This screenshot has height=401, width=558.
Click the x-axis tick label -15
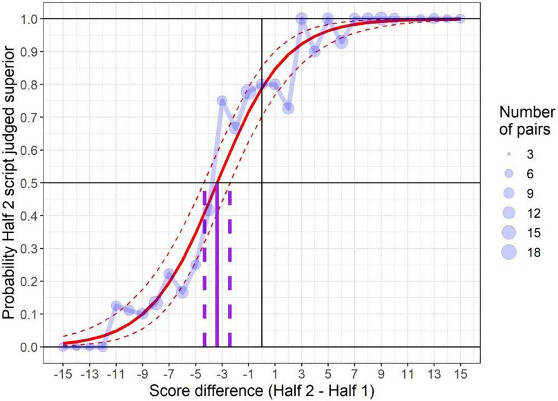click(63, 374)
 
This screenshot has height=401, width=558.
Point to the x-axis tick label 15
click(460, 374)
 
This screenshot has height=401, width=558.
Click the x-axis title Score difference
click(261, 391)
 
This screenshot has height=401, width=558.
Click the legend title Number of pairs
click(527, 121)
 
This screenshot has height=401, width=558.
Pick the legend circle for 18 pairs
click(509, 252)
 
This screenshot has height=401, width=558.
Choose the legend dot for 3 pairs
click(509, 154)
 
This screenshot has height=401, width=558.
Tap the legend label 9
click(530, 194)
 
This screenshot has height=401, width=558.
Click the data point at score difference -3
click(222, 101)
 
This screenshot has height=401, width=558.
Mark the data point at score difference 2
click(288, 108)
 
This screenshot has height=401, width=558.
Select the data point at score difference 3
click(301, 19)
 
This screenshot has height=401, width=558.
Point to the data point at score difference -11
click(116, 306)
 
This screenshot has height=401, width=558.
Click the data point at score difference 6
click(341, 42)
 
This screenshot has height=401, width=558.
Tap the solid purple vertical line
click(217, 268)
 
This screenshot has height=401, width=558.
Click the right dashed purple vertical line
click(230, 268)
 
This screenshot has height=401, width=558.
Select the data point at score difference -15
click(63, 347)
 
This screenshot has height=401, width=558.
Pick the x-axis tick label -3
click(222, 374)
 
